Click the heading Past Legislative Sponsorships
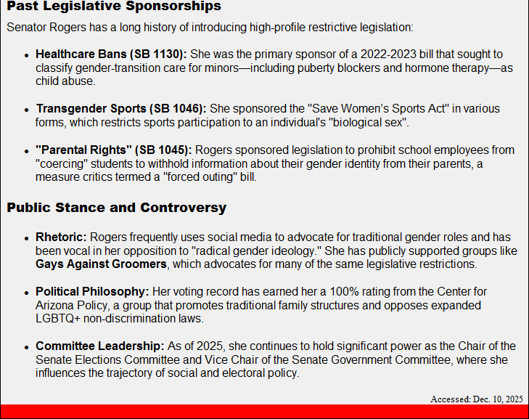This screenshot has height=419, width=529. point(114,7)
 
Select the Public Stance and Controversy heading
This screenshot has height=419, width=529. point(117,208)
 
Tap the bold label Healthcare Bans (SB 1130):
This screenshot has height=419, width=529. point(112,54)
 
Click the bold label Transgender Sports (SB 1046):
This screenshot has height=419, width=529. point(121,109)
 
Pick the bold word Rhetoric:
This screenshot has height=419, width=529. point(61,237)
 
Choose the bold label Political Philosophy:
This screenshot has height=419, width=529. point(92,292)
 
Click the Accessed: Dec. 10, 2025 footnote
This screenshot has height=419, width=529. point(476,399)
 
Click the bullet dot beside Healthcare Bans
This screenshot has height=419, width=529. point(26,56)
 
